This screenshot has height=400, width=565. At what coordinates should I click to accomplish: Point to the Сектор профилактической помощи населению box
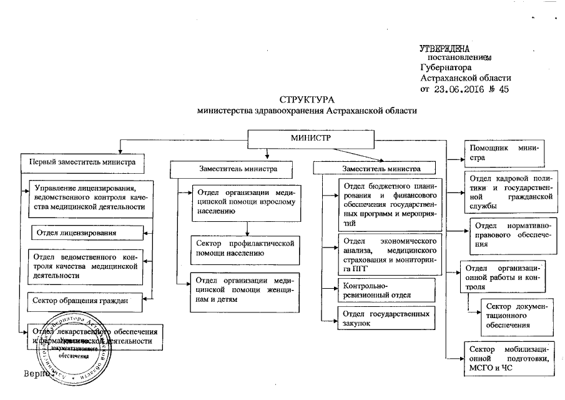click(x=246, y=247)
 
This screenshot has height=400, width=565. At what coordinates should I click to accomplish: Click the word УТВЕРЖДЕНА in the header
click(x=445, y=48)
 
